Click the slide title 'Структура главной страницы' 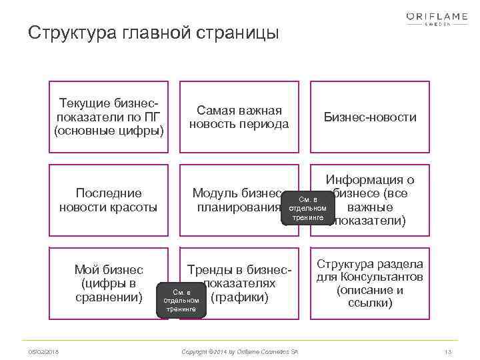click(153, 33)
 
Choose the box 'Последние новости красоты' click(109, 200)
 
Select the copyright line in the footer click(240, 351)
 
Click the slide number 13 click(447, 351)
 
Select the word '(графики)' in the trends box click(239, 297)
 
